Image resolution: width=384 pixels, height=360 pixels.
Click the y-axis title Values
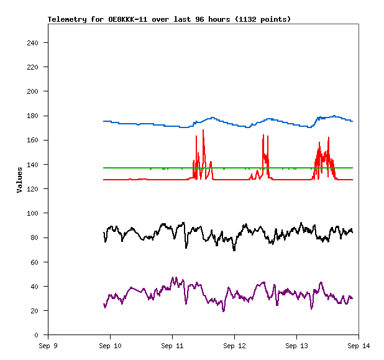(19, 179)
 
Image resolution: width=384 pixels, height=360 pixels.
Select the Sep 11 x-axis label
(172, 345)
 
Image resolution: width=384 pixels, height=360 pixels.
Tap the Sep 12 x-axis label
(234, 345)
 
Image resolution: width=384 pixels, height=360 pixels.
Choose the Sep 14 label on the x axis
(359, 345)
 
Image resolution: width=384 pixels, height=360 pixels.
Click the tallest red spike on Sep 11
(203, 130)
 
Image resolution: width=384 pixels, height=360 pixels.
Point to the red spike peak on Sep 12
(263, 135)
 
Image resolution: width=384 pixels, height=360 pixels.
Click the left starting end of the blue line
(104, 121)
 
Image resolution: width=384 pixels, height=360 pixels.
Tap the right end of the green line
(352, 168)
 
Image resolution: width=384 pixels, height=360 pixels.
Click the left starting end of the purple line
(104, 303)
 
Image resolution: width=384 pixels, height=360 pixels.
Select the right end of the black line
(352, 232)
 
